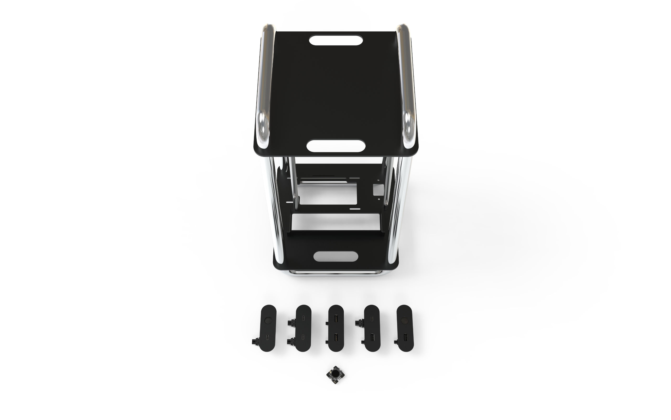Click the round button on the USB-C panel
pos(268,321)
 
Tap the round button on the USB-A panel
pos(404,321)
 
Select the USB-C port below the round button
pos(268,337)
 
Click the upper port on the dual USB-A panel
pos(336,318)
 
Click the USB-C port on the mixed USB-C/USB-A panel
pos(372,318)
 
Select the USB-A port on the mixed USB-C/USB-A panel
pos(372,337)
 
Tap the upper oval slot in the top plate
pos(336,40)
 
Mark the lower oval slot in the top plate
pos(335,145)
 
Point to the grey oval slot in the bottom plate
pos(335,256)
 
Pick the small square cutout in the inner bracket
pos(378,191)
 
